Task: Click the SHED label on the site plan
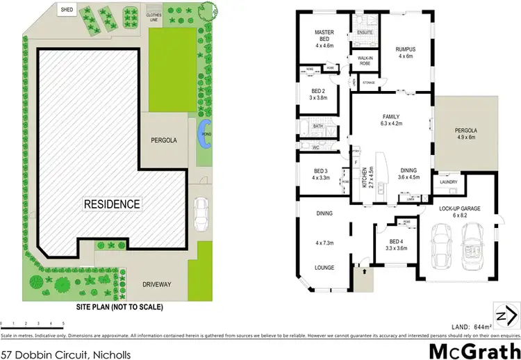(67, 10)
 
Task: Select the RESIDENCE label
(112, 204)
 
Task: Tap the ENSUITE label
(365, 33)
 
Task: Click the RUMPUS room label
(405, 49)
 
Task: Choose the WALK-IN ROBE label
(365, 60)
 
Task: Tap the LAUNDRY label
(447, 182)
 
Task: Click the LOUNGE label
(324, 268)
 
